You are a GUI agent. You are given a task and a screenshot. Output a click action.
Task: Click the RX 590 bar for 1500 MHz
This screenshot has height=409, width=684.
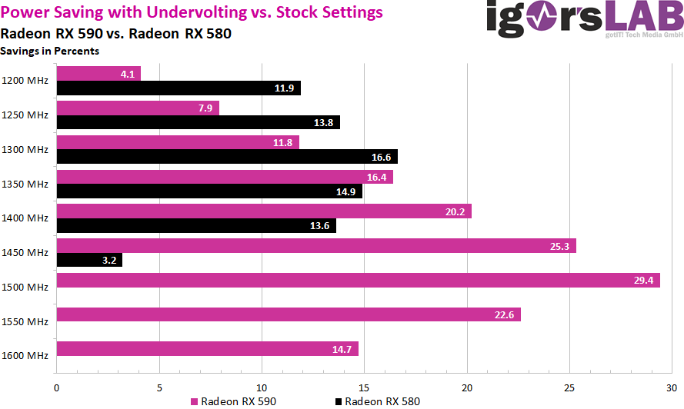358,281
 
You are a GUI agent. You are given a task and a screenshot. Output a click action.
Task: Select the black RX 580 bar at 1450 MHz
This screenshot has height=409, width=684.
89,261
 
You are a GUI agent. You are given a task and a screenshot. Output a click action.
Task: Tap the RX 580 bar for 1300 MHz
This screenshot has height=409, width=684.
227,157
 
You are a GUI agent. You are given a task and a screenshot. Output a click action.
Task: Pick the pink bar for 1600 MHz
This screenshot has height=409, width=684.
208,349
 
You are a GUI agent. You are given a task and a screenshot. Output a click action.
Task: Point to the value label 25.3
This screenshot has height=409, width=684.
559,246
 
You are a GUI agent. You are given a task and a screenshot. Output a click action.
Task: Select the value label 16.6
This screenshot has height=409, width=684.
380,157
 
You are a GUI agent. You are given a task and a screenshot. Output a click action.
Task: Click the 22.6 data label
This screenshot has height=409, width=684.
503,314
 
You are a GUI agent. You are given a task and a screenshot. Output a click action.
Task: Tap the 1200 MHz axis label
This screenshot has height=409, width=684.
25,80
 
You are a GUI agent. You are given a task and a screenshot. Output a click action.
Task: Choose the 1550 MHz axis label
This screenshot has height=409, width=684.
25,321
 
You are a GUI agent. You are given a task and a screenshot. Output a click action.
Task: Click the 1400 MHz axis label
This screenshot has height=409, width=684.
25,218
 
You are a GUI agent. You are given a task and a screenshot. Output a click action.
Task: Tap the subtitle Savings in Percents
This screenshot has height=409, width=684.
50,52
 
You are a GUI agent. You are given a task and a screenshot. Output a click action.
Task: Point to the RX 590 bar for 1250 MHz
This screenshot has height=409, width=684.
138,108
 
